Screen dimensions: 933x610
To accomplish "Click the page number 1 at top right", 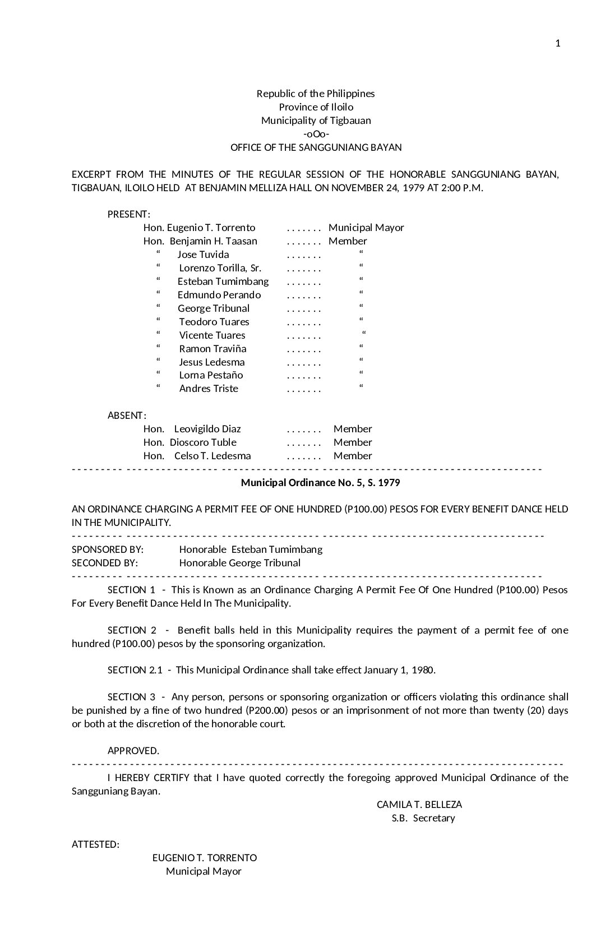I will pyautogui.click(x=557, y=44).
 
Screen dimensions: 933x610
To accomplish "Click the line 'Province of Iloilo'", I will pyautogui.click(x=316, y=107).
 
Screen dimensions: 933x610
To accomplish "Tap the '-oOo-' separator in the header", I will pyautogui.click(x=316, y=134).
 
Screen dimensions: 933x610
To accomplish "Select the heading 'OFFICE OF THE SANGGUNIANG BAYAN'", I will pyautogui.click(x=316, y=147).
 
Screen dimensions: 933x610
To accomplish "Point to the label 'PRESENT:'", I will pyautogui.click(x=128, y=214).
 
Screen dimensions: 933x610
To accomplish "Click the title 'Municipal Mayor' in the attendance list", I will pyautogui.click(x=366, y=228).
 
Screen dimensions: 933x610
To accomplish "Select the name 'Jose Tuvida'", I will pyautogui.click(x=203, y=255).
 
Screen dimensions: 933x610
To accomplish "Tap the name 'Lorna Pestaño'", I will pyautogui.click(x=211, y=375).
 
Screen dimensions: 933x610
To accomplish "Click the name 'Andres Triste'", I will pyautogui.click(x=209, y=389).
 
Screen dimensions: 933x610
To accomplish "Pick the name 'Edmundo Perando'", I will pyautogui.click(x=219, y=295).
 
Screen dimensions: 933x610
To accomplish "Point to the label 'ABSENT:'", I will pyautogui.click(x=127, y=415).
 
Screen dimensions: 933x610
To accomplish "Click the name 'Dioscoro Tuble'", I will pyautogui.click(x=203, y=442).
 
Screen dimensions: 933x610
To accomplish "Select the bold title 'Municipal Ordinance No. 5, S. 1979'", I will pyautogui.click(x=320, y=483).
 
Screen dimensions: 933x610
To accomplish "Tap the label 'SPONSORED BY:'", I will pyautogui.click(x=108, y=549).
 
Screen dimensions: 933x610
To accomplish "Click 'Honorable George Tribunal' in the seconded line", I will pyautogui.click(x=240, y=563).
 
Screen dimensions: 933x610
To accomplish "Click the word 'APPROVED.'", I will pyautogui.click(x=133, y=751).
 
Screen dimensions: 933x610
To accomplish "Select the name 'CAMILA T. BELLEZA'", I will pyautogui.click(x=419, y=805).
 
